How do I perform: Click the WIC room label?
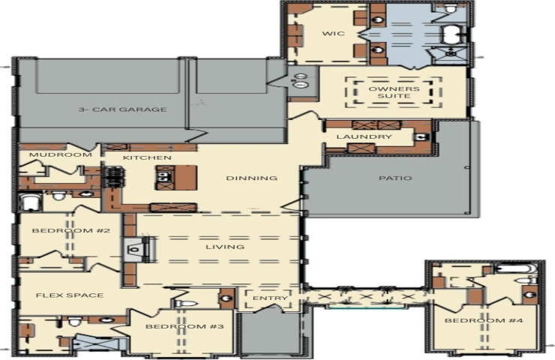pos(333,34)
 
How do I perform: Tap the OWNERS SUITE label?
pos(394,92)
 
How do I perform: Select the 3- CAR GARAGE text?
pos(122,109)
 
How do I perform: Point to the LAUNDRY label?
pos(364,136)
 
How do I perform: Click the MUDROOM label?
pos(61,154)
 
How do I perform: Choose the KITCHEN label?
pos(147,157)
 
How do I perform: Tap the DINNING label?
pos(252,178)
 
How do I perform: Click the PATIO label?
pos(395,178)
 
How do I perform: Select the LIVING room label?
pos(225,247)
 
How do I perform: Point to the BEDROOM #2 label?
pos(71,231)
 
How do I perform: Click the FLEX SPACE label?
pos(70,295)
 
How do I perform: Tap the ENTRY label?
pos(270,298)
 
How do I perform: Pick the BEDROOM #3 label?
pos(184,326)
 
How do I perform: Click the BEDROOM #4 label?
pos(484,321)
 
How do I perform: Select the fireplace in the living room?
pos(134,249)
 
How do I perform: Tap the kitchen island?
pos(176,178)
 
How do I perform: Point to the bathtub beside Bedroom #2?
pos(30,202)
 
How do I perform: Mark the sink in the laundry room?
pos(422,136)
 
